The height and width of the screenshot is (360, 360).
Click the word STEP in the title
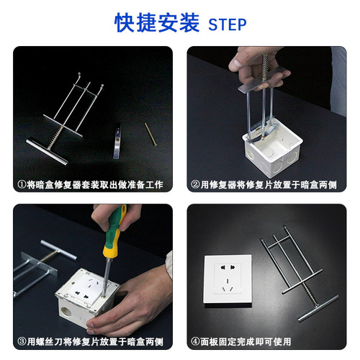(227, 24)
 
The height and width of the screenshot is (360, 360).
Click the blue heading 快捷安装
(156, 23)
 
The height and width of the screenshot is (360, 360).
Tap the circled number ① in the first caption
(22, 185)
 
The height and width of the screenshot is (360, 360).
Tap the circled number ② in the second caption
(195, 185)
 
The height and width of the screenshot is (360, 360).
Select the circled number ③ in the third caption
(22, 341)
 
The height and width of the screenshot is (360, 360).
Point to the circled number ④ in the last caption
(195, 341)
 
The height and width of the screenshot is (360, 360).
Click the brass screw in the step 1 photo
(149, 133)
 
